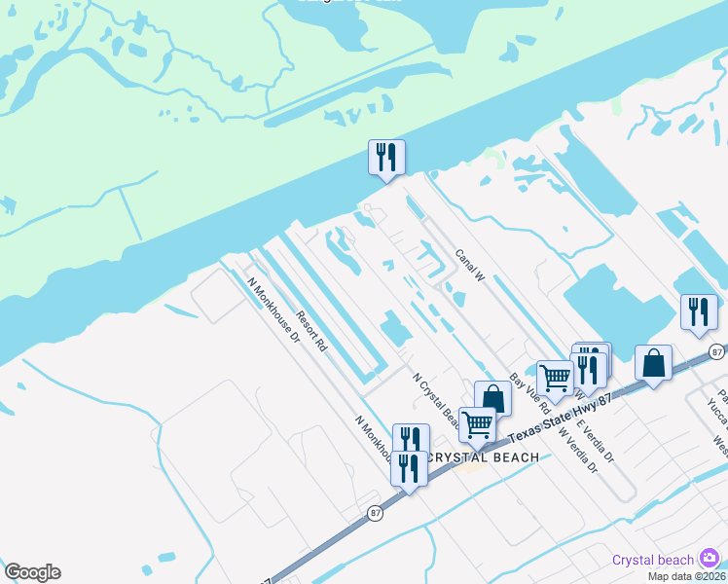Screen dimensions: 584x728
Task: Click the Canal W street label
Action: (470, 265)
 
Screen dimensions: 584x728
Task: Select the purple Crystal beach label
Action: (653, 559)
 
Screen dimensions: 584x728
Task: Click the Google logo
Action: (32, 572)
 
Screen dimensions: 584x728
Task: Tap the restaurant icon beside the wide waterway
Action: (386, 157)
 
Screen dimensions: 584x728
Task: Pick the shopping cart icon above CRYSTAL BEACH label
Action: (477, 423)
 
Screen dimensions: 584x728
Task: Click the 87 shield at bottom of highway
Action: (375, 512)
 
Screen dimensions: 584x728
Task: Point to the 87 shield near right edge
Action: (717, 351)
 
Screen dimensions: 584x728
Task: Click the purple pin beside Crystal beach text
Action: (710, 558)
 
